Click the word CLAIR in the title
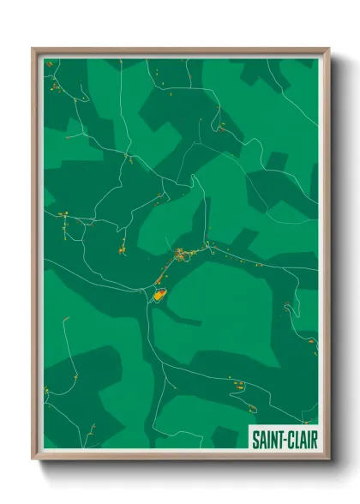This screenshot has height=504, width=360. tap(297, 439)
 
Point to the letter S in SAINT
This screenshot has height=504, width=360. tap(255, 439)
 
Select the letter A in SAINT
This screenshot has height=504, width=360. tap(261, 439)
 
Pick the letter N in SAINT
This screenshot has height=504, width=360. tap(271, 439)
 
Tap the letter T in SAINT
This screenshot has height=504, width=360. tap(277, 439)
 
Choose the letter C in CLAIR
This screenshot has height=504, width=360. tap(286, 439)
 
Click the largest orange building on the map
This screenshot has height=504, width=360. tap(159, 294)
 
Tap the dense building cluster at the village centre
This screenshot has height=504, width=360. tap(182, 254)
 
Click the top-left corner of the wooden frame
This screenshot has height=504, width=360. tap(33, 49)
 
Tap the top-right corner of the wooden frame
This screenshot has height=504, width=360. tap(328, 49)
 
